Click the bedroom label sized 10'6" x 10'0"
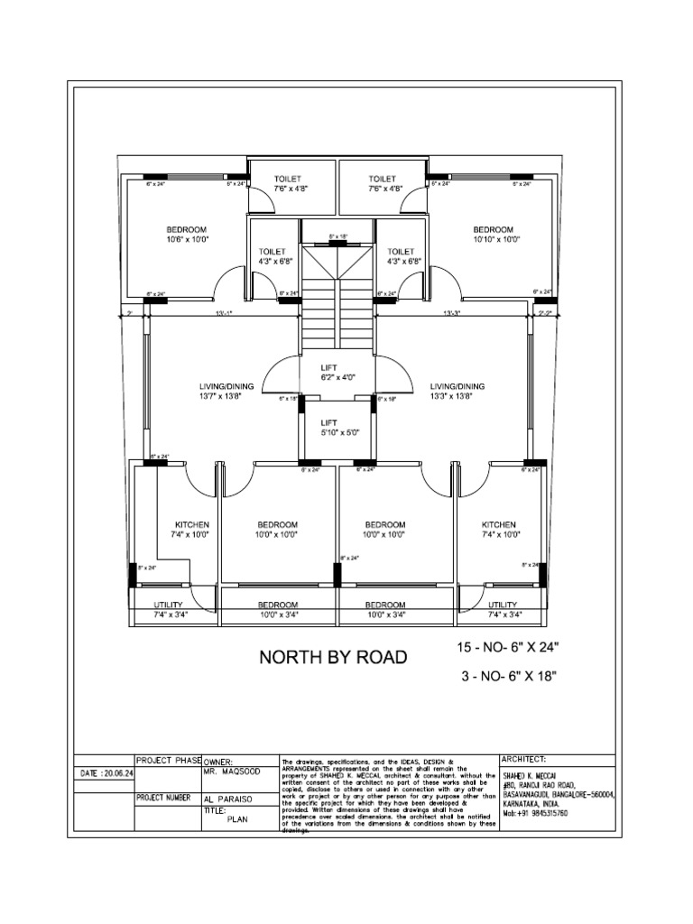pos(186,235)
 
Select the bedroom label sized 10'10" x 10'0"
pos(493,235)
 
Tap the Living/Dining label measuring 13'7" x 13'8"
pos(226,392)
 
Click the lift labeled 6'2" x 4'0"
pos(329,374)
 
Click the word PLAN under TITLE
pos(236,820)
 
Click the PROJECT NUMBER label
pos(162,798)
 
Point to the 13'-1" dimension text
pos(225,313)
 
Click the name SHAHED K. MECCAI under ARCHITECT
pos(531,775)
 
